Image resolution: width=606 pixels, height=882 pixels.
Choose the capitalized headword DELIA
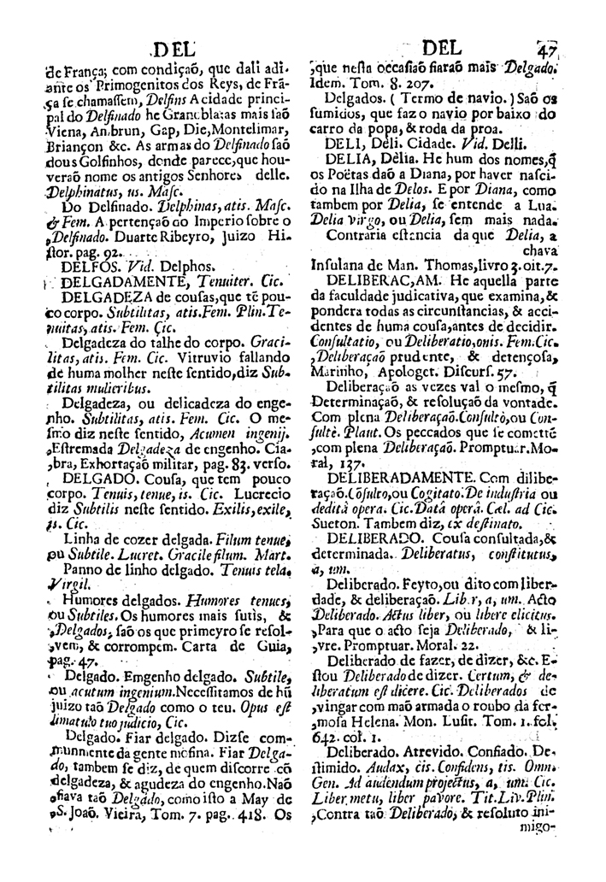point(345,158)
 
